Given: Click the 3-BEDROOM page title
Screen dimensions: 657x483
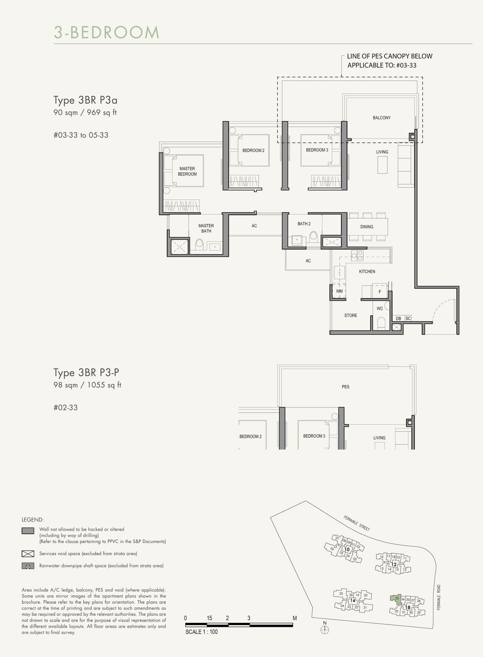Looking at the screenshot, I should point(107,32).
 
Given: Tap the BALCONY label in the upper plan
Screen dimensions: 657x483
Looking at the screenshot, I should point(381,118).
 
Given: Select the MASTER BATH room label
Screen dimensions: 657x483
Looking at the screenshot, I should point(206,228).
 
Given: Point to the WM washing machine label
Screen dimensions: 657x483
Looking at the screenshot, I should point(339,291).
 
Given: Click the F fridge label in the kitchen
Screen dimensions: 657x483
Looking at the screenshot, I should point(380,292).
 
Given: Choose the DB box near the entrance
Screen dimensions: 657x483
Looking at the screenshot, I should point(398,318).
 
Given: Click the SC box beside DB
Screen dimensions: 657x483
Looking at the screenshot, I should point(408,318).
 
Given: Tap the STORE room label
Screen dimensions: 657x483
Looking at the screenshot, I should point(351,315).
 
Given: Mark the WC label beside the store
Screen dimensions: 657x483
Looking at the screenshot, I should point(380,309).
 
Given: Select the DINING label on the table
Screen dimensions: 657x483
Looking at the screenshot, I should point(367,227).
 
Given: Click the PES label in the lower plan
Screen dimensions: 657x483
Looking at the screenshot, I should point(345,387).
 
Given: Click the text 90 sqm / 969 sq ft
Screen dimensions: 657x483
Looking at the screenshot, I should point(85,113).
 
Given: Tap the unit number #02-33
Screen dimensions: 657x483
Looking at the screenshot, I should point(66,408).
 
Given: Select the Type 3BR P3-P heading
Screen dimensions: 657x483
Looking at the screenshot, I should point(86,373).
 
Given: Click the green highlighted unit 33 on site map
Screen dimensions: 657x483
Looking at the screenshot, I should point(396,599).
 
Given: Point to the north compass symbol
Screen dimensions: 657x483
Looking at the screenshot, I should point(325,630).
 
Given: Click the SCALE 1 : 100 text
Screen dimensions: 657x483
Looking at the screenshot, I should point(201,632).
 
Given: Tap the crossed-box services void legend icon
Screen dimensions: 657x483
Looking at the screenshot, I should point(28,554).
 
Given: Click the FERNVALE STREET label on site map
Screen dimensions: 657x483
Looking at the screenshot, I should point(357,523).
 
